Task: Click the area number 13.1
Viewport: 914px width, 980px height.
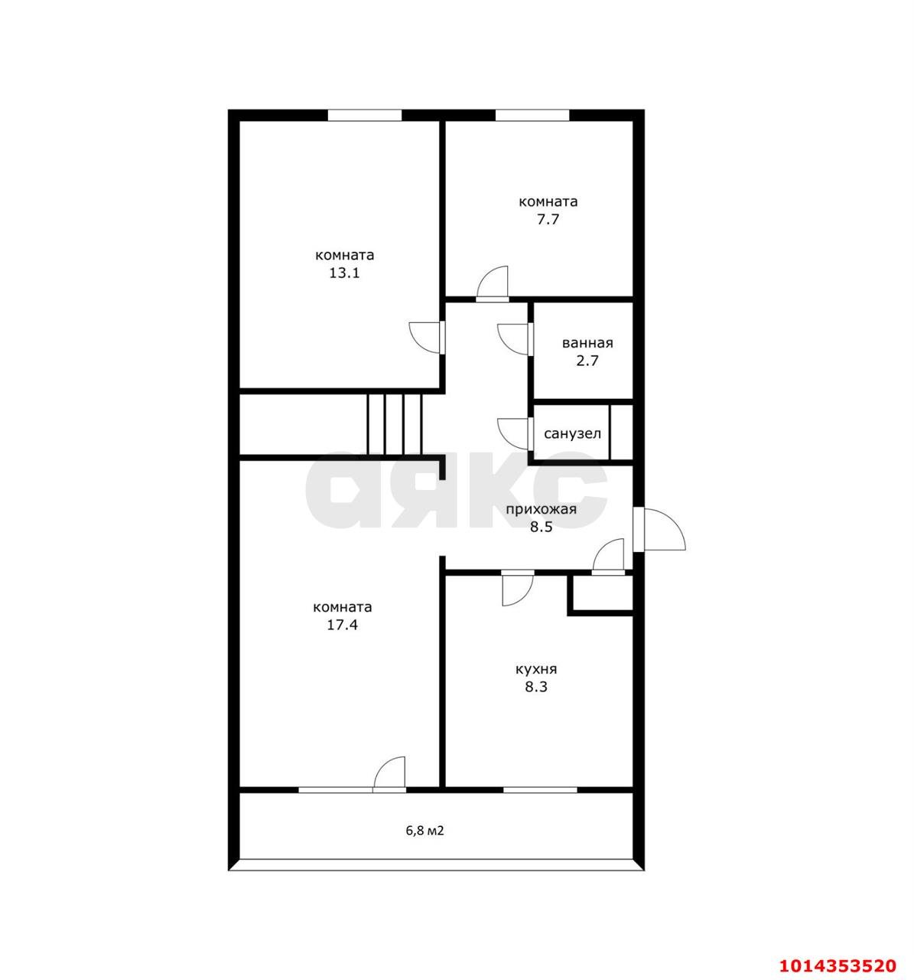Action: [344, 273]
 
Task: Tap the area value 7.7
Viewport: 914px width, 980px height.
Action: [548, 219]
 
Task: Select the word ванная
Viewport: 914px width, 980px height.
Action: [587, 343]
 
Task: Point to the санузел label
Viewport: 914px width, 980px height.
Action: [572, 434]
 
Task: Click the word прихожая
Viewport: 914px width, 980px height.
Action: [541, 508]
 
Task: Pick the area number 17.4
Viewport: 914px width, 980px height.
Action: [342, 626]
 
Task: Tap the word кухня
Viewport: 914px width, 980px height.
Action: [536, 669]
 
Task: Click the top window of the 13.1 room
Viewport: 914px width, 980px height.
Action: [364, 115]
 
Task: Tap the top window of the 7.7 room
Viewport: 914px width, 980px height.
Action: [532, 115]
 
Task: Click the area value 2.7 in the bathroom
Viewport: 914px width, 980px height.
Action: [587, 361]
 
